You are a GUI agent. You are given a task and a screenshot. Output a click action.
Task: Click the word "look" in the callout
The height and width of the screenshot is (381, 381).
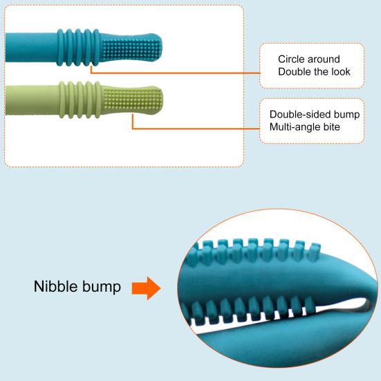pyautogui.click(x=341, y=72)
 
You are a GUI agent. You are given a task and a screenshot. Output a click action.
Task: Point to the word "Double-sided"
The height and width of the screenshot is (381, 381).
pyautogui.click(x=300, y=115)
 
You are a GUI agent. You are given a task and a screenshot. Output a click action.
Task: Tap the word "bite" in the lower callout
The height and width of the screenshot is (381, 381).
pyautogui.click(x=332, y=127)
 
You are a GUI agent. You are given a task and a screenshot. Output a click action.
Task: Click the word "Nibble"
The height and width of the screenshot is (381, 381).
pyautogui.click(x=56, y=286)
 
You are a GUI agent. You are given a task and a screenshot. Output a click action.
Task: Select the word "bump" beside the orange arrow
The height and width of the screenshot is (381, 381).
pyautogui.click(x=102, y=288)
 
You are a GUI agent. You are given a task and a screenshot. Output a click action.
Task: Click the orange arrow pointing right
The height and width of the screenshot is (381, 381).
pyautogui.click(x=146, y=288)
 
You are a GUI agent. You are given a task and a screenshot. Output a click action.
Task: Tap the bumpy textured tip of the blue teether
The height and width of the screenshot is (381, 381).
pyautogui.click(x=131, y=48)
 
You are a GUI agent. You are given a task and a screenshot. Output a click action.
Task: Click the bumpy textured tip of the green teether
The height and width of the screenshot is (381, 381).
pyautogui.click(x=133, y=100)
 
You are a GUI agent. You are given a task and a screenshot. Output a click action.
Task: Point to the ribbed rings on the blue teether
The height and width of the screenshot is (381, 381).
pyautogui.click(x=79, y=48)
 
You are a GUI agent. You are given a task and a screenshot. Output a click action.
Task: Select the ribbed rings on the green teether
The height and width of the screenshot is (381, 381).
pyautogui.click(x=80, y=100)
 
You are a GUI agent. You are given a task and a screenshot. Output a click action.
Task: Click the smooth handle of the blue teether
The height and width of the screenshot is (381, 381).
pyautogui.click(x=32, y=48)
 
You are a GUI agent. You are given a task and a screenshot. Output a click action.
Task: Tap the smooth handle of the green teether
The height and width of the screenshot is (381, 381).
pyautogui.click(x=32, y=100)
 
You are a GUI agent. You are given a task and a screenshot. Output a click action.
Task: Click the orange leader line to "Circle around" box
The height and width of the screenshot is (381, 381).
pyautogui.click(x=175, y=73)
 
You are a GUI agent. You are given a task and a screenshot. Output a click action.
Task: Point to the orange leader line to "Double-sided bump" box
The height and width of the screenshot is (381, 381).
pyautogui.click(x=196, y=129)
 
